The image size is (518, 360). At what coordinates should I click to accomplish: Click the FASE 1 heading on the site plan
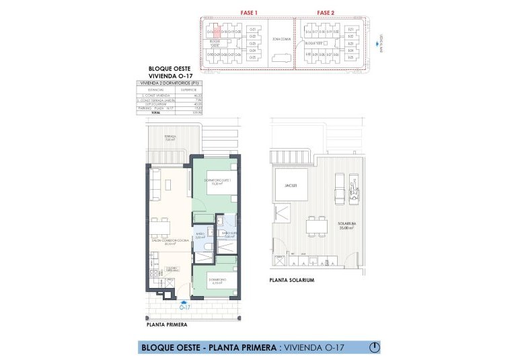250,12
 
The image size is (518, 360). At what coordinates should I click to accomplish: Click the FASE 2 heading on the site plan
326,12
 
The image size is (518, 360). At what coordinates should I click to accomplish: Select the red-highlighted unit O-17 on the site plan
217,30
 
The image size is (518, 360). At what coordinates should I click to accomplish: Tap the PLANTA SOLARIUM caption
291,280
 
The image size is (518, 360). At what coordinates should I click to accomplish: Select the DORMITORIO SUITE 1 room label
216,180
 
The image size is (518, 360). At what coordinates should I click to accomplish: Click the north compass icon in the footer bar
375,347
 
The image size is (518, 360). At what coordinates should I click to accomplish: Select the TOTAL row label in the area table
156,112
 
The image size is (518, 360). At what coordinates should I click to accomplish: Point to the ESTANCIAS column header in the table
155,89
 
